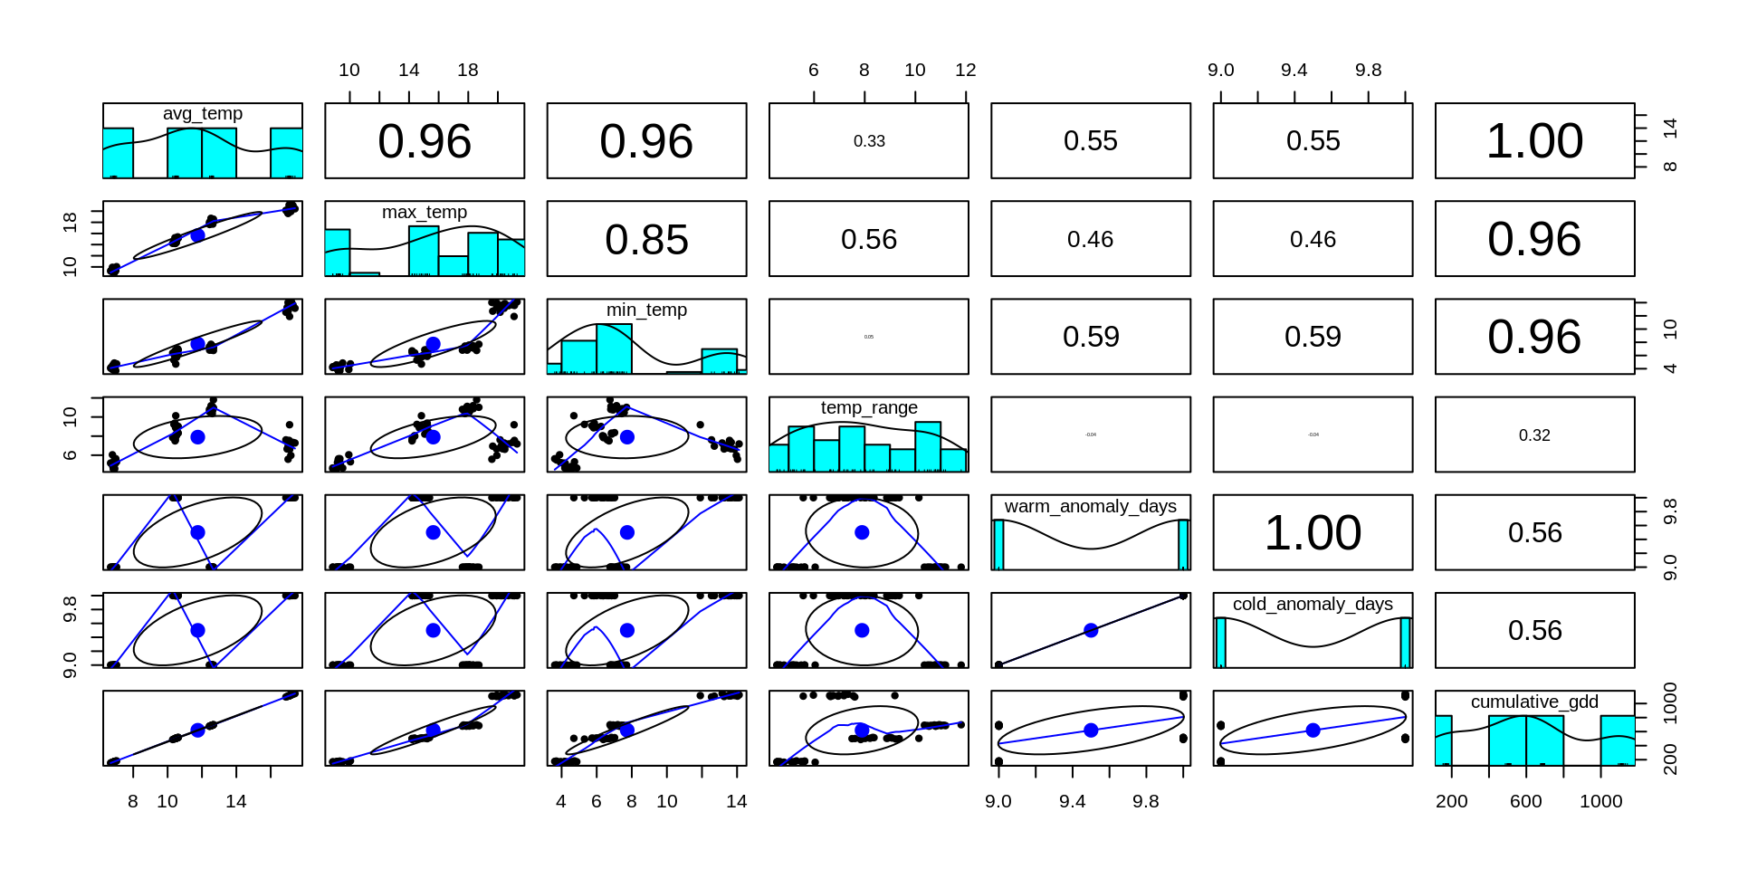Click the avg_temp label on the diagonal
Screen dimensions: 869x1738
[x=203, y=114]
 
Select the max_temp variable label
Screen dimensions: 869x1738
[x=425, y=212]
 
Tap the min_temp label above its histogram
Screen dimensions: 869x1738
[x=646, y=310]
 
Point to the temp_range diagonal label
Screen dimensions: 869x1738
[x=869, y=407]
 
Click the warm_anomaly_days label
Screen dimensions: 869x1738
[x=1091, y=506]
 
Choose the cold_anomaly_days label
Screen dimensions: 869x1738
[x=1313, y=604]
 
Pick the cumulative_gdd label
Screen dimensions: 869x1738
[x=1534, y=702]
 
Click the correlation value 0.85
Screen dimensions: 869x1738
[x=646, y=240]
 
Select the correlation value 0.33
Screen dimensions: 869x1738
[x=869, y=141]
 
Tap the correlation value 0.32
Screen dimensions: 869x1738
[x=1534, y=435]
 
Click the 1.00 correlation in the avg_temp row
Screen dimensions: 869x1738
[x=1534, y=141]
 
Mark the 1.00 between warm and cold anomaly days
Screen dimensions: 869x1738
[x=1313, y=533]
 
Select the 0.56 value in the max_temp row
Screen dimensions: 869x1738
[x=869, y=240]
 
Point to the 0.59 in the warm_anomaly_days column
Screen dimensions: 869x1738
[x=1091, y=337]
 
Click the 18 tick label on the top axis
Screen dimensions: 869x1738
[x=468, y=71]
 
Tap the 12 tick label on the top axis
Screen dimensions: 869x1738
[x=966, y=71]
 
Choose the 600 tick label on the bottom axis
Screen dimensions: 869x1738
[x=1526, y=802]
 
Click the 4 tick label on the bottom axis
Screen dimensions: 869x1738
[x=561, y=802]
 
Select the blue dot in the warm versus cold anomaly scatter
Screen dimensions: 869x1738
[x=1091, y=630]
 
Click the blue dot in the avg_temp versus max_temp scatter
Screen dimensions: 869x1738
[x=197, y=235]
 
